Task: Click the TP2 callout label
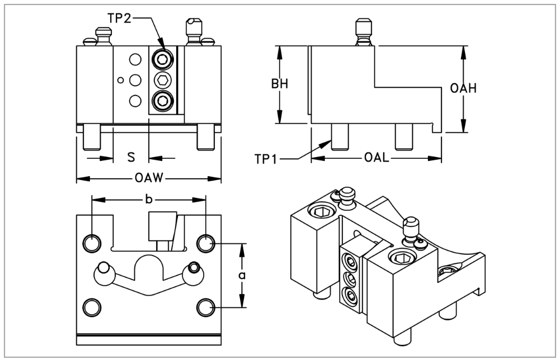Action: [119, 18]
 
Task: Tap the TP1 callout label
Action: [266, 159]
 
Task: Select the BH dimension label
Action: [280, 84]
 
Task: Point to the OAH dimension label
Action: [463, 88]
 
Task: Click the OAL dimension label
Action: [377, 157]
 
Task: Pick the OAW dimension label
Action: [149, 178]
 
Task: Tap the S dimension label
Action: [131, 157]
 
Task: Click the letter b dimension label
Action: [149, 200]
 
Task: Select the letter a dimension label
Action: [242, 276]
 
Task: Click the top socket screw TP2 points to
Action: [163, 59]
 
